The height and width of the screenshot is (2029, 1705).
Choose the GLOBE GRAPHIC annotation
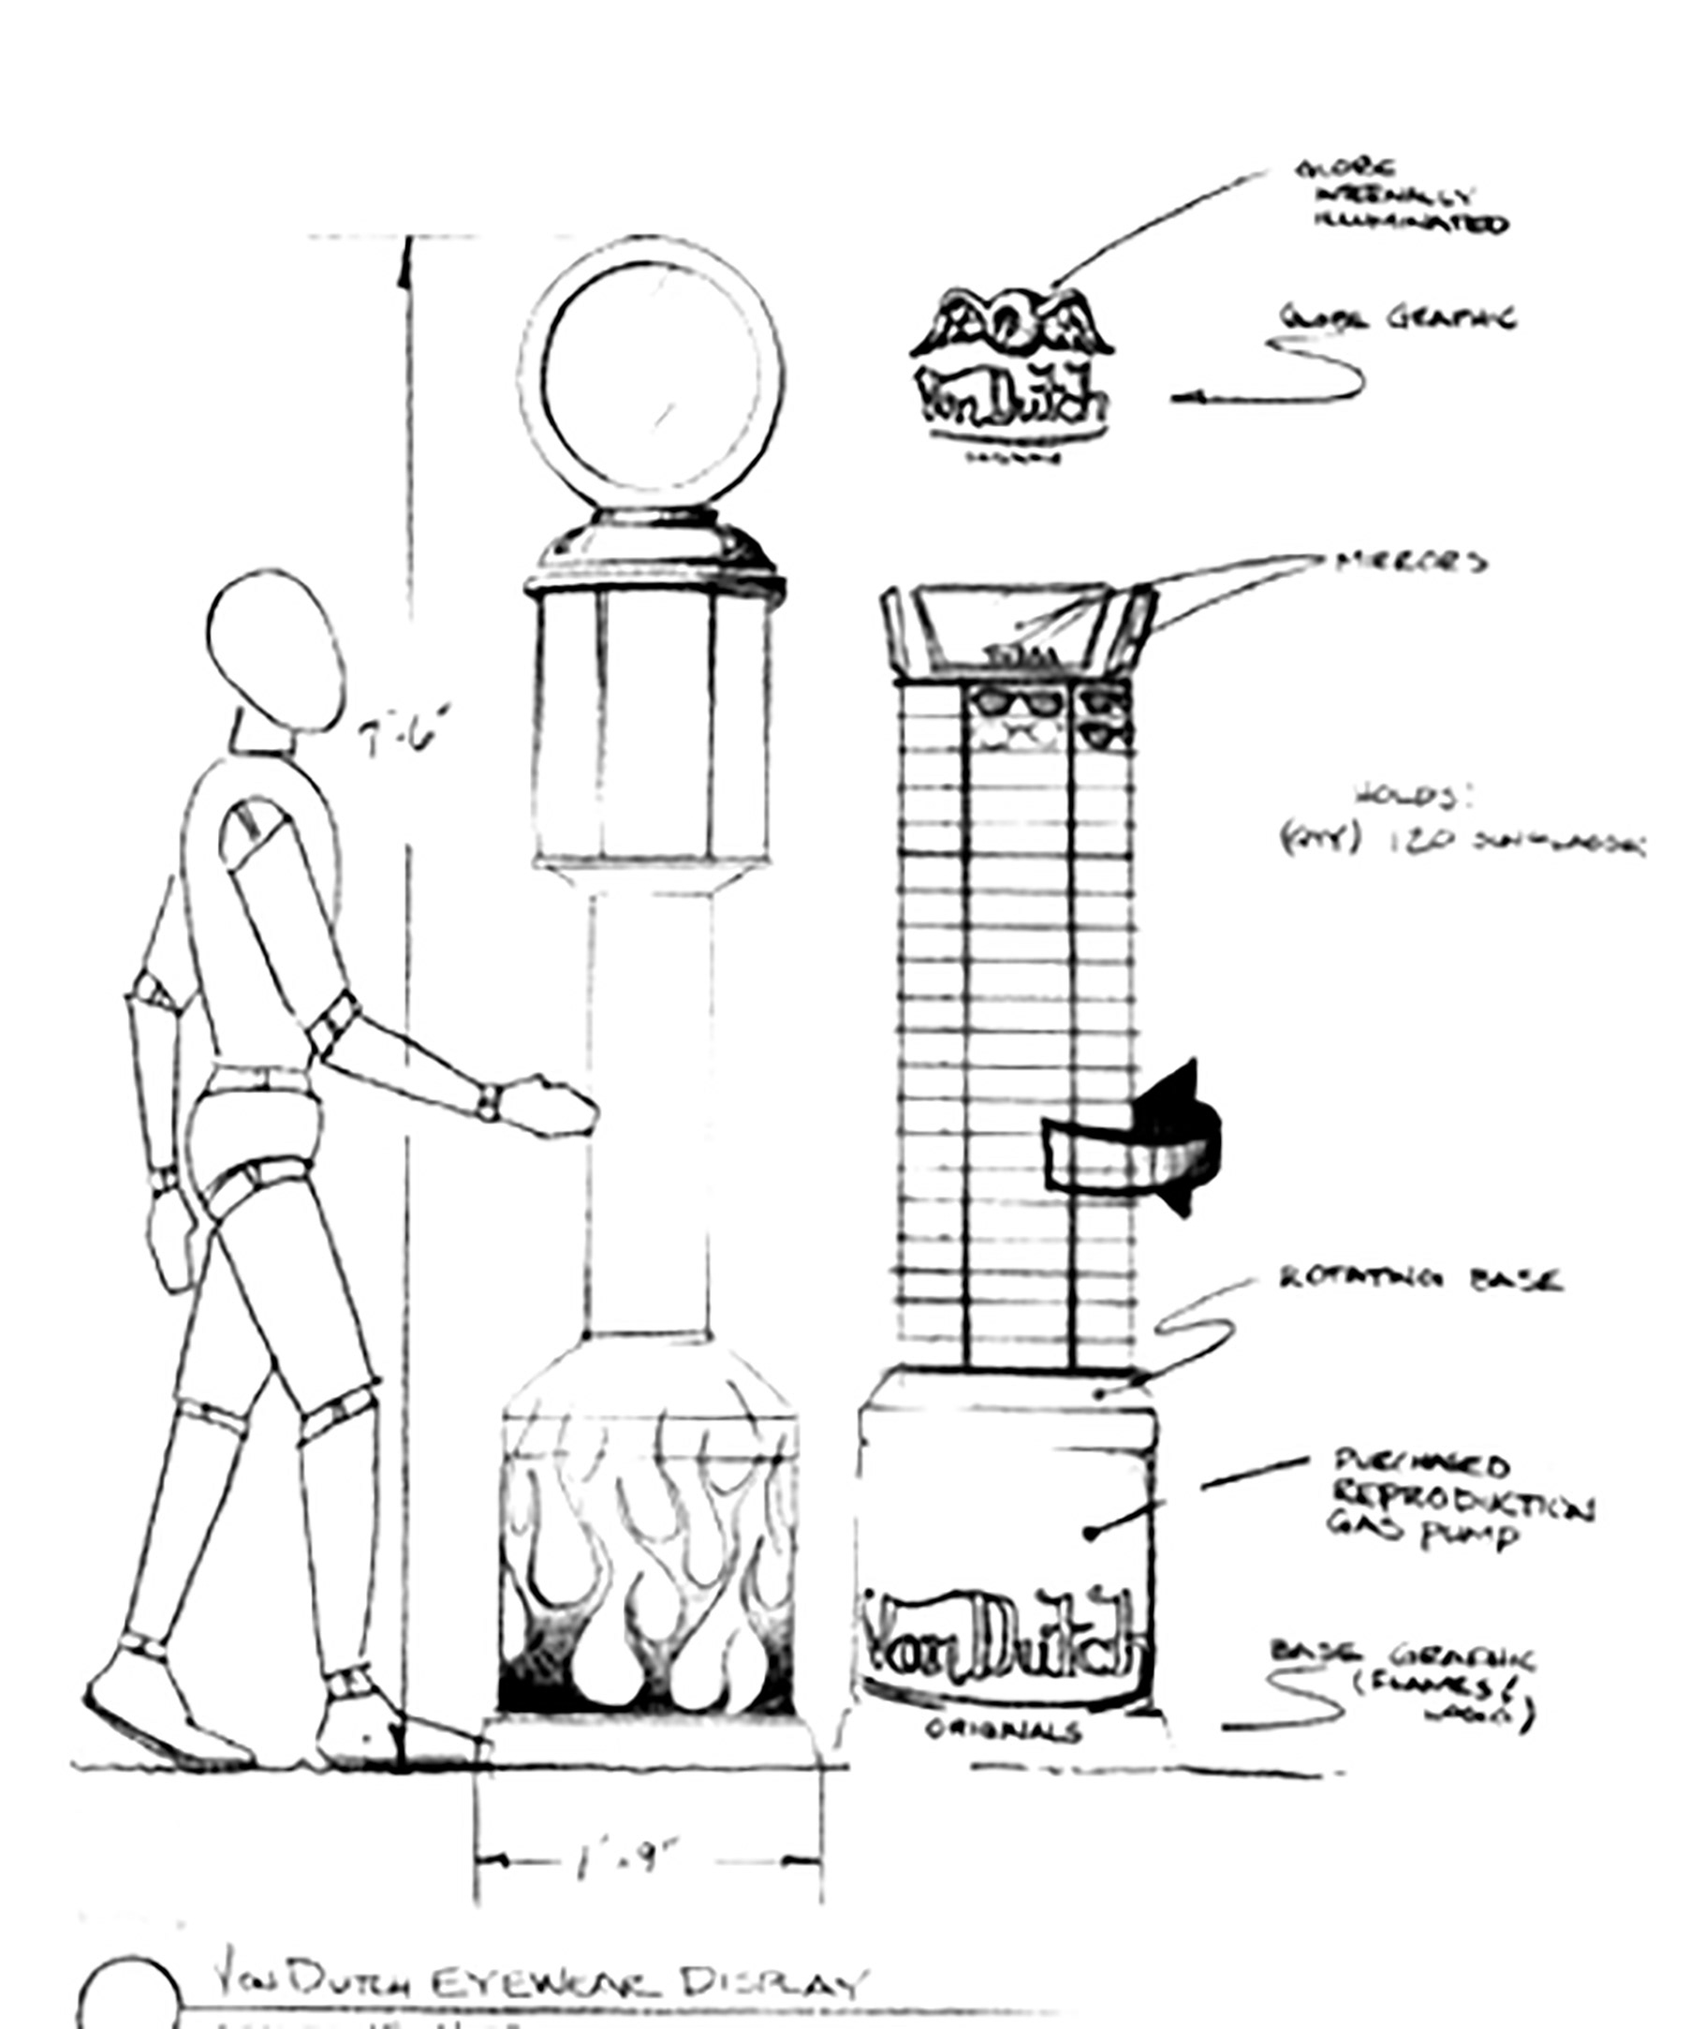1399,318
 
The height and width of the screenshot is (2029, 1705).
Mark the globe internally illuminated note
1402,198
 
